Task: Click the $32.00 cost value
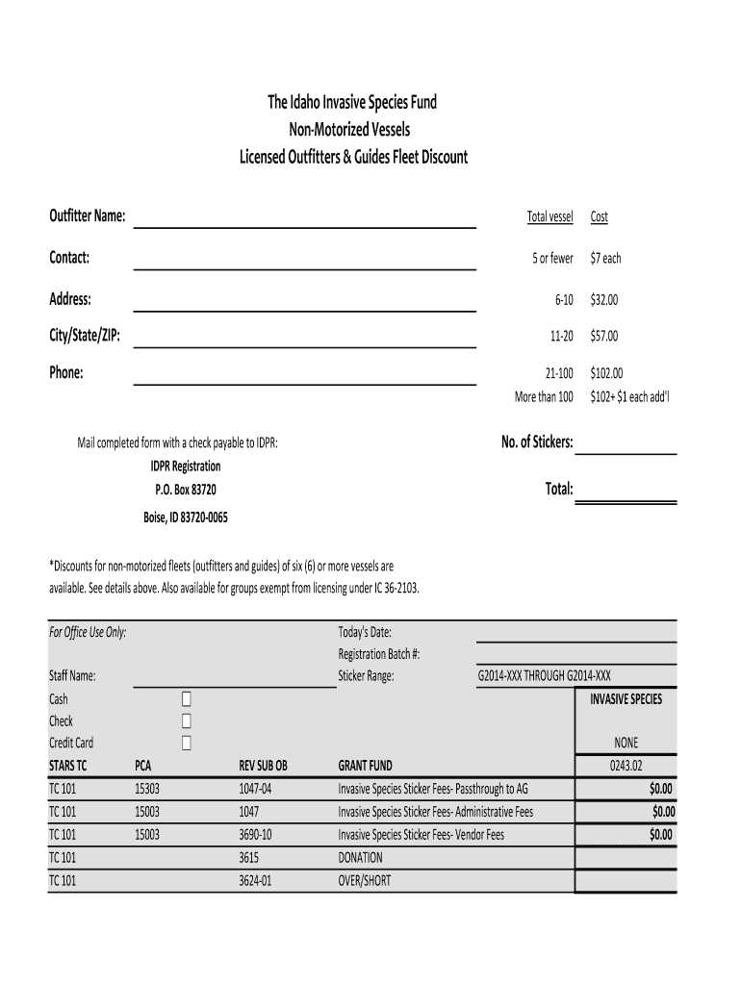(x=604, y=300)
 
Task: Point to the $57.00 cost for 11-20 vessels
(x=604, y=336)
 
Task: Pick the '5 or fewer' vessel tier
(x=552, y=259)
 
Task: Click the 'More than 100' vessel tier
(x=544, y=396)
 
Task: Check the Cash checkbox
(x=187, y=698)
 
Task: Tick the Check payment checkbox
(x=187, y=720)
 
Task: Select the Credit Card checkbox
(x=187, y=743)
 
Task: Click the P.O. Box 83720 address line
(x=179, y=490)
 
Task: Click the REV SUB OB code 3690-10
(x=255, y=835)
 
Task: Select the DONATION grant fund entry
(x=360, y=857)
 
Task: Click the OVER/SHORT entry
(x=365, y=880)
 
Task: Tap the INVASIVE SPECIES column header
(x=626, y=699)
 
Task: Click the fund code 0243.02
(x=626, y=766)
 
